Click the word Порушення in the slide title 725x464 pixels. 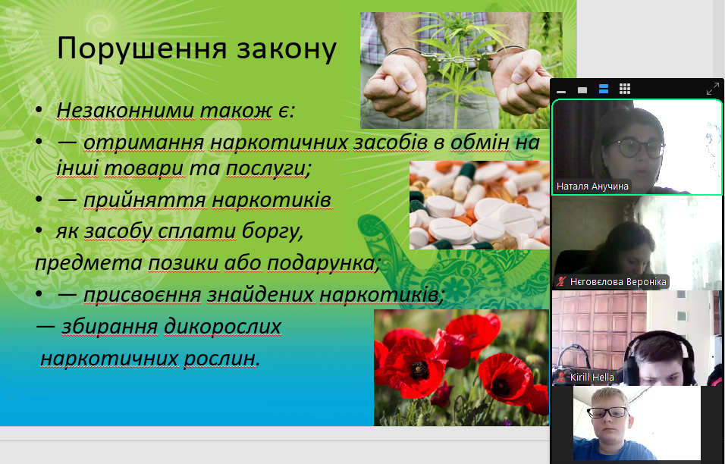[x=141, y=48]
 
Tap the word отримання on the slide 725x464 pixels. [x=143, y=143]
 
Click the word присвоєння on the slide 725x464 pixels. [x=142, y=295]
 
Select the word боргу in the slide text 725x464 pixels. [x=271, y=231]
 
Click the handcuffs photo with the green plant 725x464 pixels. [x=461, y=71]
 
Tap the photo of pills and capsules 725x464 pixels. [x=479, y=205]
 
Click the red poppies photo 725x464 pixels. [x=461, y=368]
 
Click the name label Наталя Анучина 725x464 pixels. [x=592, y=187]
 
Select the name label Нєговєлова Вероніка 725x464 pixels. [x=618, y=281]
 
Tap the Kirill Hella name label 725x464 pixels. [x=592, y=377]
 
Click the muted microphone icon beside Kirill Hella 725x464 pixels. [x=561, y=377]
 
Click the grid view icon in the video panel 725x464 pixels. [x=625, y=89]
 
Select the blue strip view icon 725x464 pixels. [x=604, y=89]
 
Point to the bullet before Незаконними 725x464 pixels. [x=39, y=110]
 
